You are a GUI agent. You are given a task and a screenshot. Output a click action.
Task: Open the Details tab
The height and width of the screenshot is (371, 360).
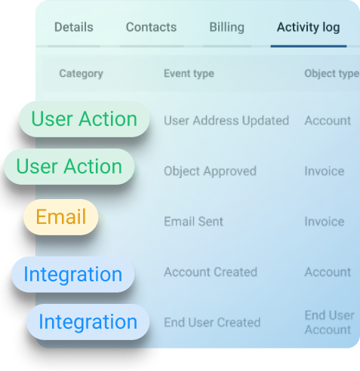point(74,27)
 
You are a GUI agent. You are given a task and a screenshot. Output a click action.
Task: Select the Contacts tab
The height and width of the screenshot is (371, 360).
point(151,27)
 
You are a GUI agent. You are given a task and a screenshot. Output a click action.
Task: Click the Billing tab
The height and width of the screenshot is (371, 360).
point(227,28)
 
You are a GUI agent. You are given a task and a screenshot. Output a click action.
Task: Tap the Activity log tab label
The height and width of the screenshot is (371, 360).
point(309,28)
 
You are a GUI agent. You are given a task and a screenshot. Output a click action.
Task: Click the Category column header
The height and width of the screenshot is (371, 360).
point(82,74)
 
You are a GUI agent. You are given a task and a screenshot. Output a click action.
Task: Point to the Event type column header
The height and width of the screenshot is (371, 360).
point(189,74)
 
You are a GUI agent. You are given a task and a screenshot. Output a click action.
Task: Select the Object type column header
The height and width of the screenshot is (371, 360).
point(332,74)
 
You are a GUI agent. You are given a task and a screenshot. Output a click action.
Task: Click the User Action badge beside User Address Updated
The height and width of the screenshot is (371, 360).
point(85,119)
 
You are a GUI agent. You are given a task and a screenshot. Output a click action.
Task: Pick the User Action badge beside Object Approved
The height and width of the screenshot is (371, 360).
point(69,167)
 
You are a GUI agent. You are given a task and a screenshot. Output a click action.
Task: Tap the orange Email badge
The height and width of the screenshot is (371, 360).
point(61,217)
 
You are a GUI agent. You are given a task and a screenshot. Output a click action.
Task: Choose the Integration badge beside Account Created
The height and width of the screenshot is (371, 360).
point(73,274)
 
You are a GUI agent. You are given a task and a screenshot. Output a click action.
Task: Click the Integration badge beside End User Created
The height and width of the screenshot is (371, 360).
point(88,322)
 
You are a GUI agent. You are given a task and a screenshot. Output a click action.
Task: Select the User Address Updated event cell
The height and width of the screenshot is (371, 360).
point(226,121)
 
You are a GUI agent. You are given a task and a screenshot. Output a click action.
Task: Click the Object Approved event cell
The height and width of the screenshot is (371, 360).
point(210,172)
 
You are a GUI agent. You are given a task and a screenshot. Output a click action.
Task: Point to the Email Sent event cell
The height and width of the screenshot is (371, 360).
point(193,222)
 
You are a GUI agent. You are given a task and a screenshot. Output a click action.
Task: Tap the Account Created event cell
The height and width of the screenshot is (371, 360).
point(211,272)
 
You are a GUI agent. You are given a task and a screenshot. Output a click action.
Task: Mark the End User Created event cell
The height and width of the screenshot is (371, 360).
point(212,323)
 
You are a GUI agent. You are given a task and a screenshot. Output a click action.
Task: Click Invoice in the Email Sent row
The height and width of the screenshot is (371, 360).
point(325,222)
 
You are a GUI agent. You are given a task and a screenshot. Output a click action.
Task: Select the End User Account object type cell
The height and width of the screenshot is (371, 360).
point(329,323)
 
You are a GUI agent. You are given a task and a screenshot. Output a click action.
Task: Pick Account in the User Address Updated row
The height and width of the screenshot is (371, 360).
point(328,121)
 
